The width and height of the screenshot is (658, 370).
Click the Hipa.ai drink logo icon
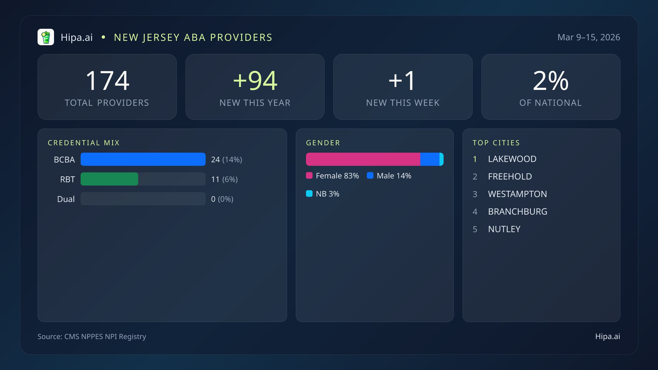tap(46, 37)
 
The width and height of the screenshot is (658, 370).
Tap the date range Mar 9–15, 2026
tap(589, 37)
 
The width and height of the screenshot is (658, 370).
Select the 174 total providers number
tap(107, 81)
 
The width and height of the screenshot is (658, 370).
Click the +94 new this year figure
tap(255, 81)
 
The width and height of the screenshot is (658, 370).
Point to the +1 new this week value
tap(402, 81)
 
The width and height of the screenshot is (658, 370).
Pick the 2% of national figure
tap(551, 81)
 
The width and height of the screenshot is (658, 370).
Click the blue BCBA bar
tap(143, 159)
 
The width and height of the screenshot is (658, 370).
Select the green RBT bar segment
tap(109, 179)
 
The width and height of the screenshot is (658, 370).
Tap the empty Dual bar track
tap(143, 199)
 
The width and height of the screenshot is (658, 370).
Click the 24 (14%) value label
tap(226, 160)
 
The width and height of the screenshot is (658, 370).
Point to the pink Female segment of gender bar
tap(363, 159)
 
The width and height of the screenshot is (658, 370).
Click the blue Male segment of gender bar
tap(430, 159)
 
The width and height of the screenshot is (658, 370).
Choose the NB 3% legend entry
tap(323, 194)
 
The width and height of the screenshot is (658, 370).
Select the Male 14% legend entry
tap(389, 176)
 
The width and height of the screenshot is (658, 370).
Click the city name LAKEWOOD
tap(512, 159)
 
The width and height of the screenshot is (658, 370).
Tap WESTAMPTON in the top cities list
tap(517, 194)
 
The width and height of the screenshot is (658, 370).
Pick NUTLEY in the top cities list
tap(504, 229)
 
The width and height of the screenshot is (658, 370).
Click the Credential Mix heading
tap(84, 143)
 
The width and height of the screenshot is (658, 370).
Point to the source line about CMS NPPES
tap(92, 336)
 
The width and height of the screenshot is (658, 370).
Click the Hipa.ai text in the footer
tap(608, 336)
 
